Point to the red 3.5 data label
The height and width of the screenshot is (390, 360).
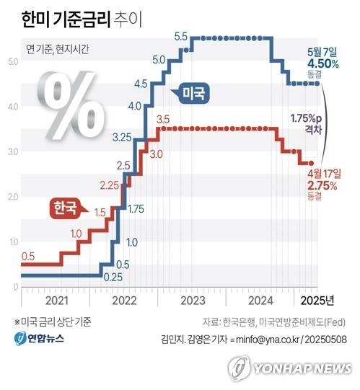click(162, 119)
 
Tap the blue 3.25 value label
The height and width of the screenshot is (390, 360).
click(122, 136)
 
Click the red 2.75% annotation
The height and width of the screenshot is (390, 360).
click(322, 185)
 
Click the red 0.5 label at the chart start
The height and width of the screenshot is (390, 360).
click(28, 256)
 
